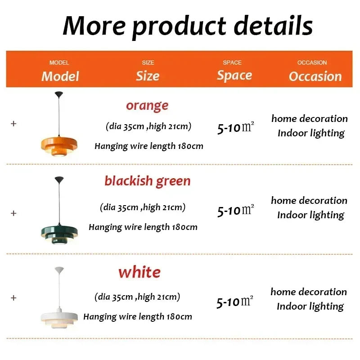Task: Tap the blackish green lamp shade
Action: tap(59, 229)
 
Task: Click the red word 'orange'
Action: tap(147, 106)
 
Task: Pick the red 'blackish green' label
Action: tap(148, 181)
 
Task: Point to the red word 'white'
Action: tap(139, 272)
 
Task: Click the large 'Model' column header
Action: tap(60, 76)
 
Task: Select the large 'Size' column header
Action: tap(148, 76)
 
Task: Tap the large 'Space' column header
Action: tap(234, 75)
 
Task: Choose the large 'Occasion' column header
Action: tap(315, 76)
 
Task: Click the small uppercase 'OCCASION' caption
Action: tap(312, 63)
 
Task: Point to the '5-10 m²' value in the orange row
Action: tap(235, 129)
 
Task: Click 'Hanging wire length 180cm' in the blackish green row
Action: tap(143, 227)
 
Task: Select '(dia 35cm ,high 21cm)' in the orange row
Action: tap(148, 126)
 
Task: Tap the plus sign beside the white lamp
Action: tap(13, 297)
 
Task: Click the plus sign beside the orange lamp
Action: tap(13, 123)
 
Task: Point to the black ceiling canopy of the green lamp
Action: tap(59, 180)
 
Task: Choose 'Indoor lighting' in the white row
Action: tap(310, 306)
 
